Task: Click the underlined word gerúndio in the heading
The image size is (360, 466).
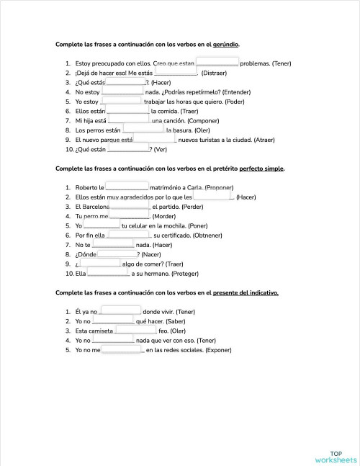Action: pyautogui.click(x=226, y=45)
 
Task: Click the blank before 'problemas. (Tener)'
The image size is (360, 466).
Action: pyautogui.click(x=217, y=63)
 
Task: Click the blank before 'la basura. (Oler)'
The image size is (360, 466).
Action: pyautogui.click(x=144, y=130)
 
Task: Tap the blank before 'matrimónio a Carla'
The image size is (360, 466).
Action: pyautogui.click(x=127, y=187)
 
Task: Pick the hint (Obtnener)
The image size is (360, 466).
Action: pyautogui.click(x=214, y=235)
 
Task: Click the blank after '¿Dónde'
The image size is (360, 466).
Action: pyautogui.click(x=117, y=254)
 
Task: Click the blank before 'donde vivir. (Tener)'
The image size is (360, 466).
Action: pyautogui.click(x=121, y=311)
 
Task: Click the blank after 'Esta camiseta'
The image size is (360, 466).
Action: pyautogui.click(x=135, y=330)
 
